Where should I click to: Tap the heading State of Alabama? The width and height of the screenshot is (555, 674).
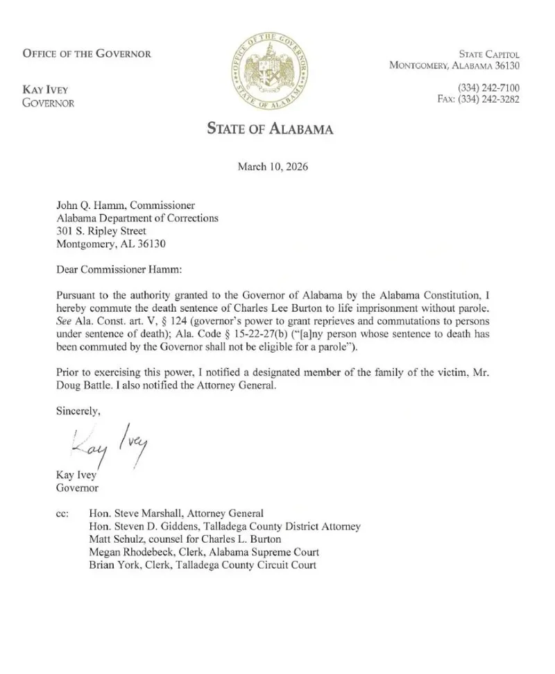click(x=270, y=128)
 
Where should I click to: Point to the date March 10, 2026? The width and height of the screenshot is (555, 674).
click(x=273, y=167)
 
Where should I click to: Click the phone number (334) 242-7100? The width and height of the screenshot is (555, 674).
click(x=488, y=87)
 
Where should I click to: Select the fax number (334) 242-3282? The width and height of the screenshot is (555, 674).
click(x=479, y=99)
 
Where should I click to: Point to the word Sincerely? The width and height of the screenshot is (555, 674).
click(x=78, y=410)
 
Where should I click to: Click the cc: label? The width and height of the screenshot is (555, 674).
click(x=62, y=514)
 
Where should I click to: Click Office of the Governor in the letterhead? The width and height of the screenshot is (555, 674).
click(x=87, y=53)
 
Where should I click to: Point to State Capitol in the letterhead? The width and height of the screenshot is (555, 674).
click(x=489, y=54)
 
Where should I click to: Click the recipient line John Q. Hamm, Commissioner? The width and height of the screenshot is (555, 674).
click(x=125, y=205)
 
